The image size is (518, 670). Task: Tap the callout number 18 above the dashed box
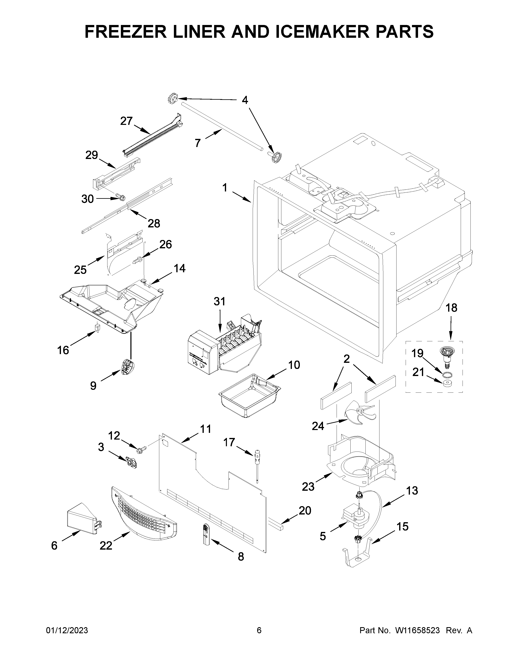(x=451, y=308)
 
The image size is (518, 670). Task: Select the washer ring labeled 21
(x=448, y=384)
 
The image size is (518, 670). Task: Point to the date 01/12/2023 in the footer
(x=67, y=630)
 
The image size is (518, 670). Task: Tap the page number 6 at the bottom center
(x=259, y=630)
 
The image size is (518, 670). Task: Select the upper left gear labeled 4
(x=173, y=99)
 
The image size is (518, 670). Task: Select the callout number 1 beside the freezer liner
(x=225, y=187)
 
